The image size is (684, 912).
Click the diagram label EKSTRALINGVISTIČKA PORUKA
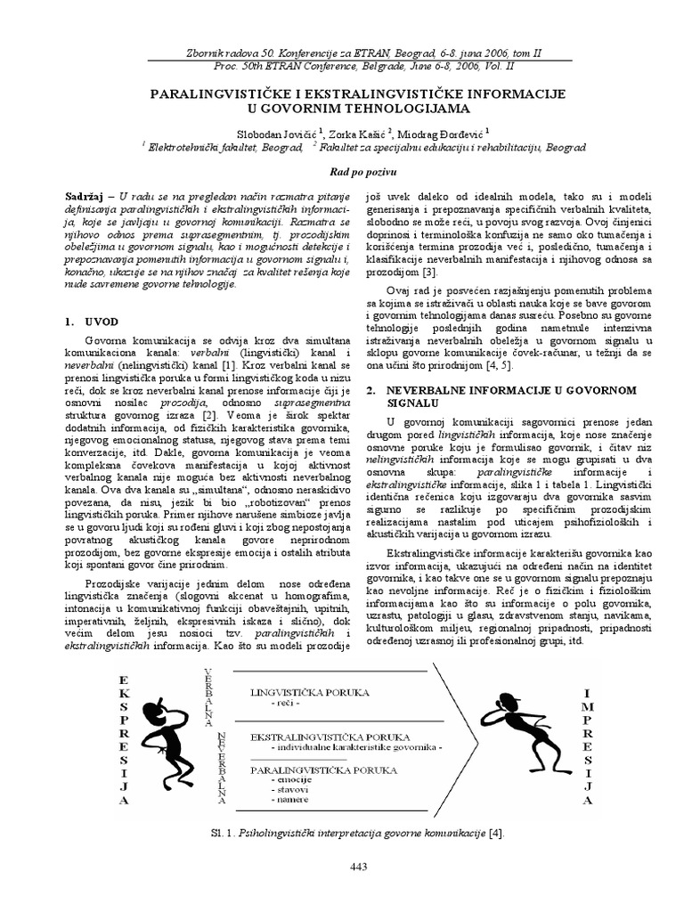point(330,738)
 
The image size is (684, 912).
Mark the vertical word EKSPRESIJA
point(124,739)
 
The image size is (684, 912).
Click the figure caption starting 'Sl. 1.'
point(342,832)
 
